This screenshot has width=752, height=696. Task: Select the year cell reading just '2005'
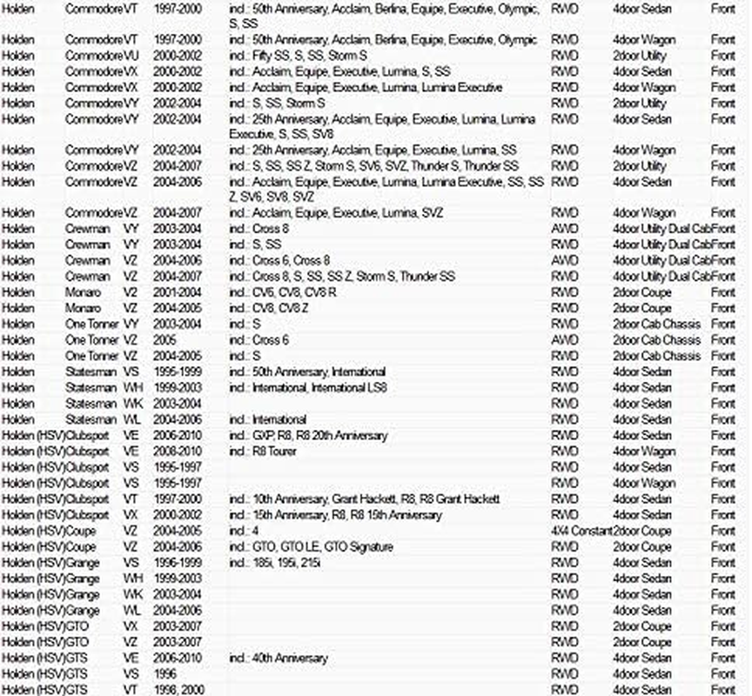[x=165, y=340]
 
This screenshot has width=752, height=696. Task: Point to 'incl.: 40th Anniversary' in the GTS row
[x=279, y=659]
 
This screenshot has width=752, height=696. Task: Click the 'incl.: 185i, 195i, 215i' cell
[x=275, y=563]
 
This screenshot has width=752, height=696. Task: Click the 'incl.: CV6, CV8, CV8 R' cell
[x=282, y=292]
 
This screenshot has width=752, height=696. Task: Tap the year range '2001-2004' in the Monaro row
[x=178, y=292]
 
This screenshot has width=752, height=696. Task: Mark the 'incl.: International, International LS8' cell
[x=308, y=388]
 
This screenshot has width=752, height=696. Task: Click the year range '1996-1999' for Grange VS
[x=178, y=563]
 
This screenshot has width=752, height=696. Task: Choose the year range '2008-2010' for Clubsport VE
[x=178, y=452]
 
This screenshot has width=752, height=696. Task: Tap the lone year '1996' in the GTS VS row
[x=165, y=674]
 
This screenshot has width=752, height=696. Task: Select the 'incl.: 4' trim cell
[x=244, y=532]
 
